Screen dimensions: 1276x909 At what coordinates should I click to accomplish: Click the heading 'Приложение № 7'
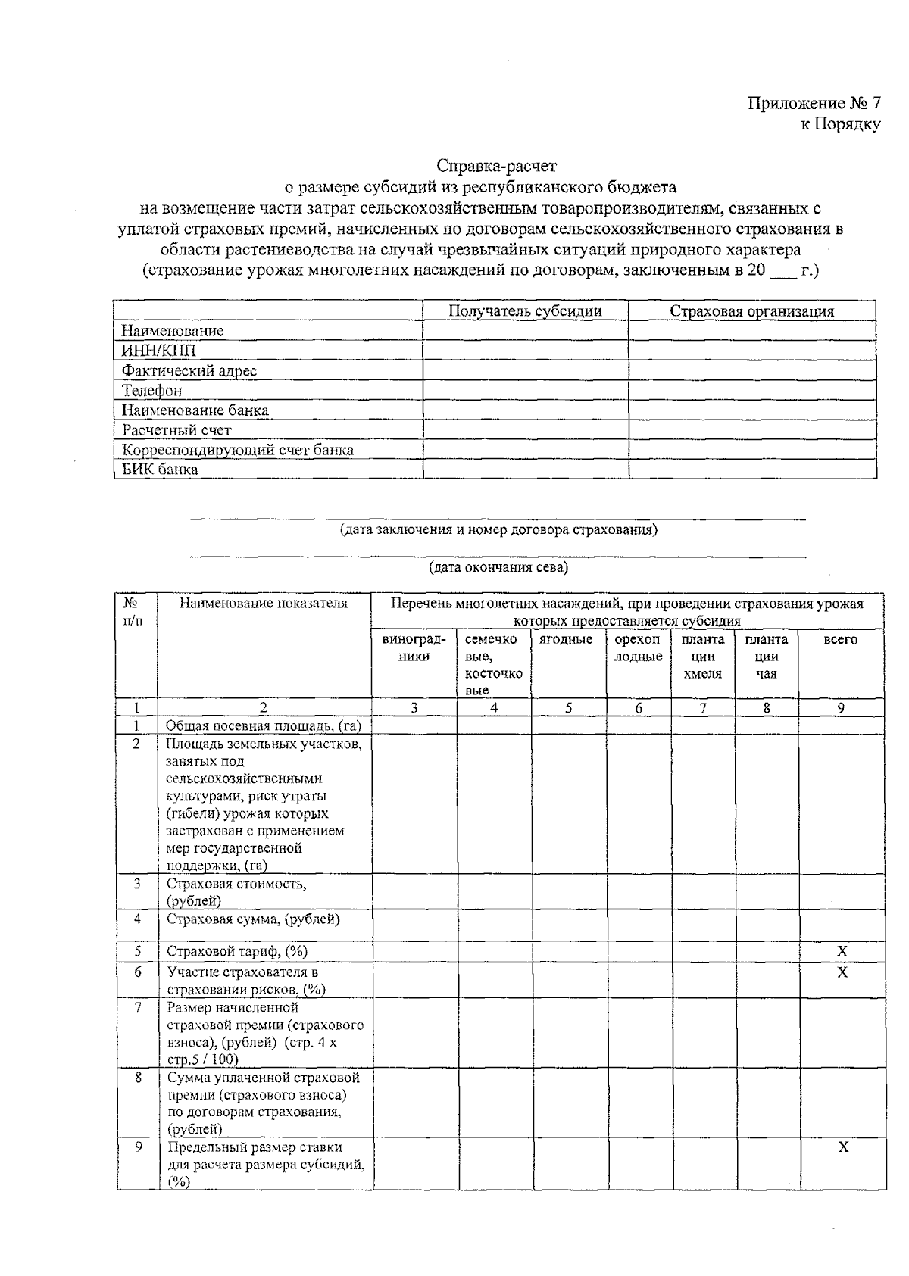814,104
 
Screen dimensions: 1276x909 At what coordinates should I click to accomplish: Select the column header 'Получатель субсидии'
525,311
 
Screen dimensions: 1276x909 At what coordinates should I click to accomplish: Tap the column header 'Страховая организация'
751,311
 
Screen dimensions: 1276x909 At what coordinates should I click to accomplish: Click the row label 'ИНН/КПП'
159,351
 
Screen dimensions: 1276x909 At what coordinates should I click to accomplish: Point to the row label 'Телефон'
151,390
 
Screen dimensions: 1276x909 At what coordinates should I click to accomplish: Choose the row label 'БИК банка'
160,469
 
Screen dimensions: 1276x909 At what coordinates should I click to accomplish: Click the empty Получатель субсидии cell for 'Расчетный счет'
525,429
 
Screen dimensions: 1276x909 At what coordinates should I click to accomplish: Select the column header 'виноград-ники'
414,647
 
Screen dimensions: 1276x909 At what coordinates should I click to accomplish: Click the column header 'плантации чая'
766,657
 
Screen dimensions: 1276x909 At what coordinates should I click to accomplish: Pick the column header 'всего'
840,640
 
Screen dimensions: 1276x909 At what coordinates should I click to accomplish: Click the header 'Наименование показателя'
263,604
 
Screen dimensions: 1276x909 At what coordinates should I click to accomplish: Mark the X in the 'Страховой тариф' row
842,951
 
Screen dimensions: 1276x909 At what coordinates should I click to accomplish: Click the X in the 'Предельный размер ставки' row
842,1147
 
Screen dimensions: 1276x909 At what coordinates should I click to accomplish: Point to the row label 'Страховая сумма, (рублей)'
253,919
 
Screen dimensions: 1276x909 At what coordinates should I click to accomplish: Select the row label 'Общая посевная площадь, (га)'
263,725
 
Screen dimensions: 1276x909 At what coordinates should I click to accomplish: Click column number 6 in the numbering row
639,708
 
